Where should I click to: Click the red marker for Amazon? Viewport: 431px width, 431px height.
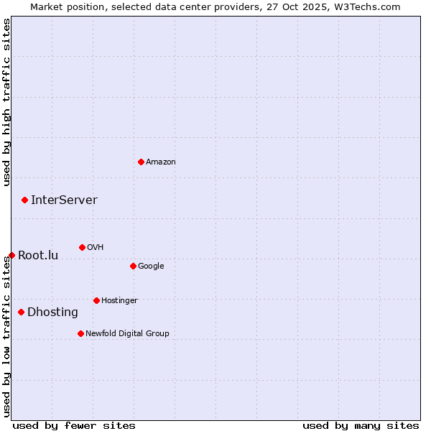(x=141, y=162)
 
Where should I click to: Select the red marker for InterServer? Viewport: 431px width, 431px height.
(x=24, y=200)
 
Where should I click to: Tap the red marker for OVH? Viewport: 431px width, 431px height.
(x=82, y=247)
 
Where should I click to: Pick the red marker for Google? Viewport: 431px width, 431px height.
(x=133, y=266)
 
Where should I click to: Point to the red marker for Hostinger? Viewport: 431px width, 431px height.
(x=96, y=300)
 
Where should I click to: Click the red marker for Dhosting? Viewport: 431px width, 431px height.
(x=21, y=312)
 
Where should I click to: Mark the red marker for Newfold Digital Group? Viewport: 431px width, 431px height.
(x=80, y=333)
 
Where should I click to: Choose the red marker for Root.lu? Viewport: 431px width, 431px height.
(x=11, y=255)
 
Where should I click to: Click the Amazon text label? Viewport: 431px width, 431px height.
(x=161, y=162)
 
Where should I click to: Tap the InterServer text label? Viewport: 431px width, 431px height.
(x=64, y=200)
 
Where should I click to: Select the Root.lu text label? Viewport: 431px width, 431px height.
(x=38, y=256)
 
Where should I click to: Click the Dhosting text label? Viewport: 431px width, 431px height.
(x=52, y=312)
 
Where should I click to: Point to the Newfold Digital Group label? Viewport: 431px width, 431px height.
(x=127, y=333)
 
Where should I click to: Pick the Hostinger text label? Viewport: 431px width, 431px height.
(x=119, y=300)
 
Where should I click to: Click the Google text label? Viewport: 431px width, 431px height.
(x=151, y=267)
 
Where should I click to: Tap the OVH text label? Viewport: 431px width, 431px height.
(x=95, y=248)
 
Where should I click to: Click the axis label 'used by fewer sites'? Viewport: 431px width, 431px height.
(x=74, y=425)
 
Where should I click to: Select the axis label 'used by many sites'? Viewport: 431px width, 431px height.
(x=361, y=425)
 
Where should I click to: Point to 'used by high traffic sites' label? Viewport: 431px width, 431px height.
(x=7, y=102)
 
